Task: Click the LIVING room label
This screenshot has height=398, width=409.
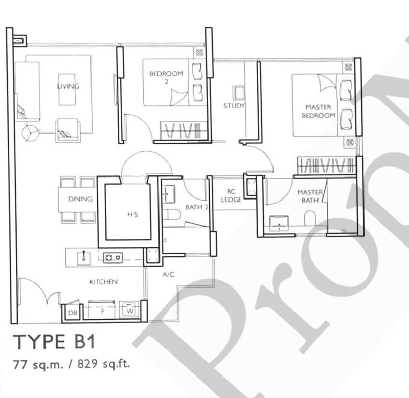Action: pyautogui.click(x=68, y=86)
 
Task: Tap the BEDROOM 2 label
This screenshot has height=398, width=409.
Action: pyautogui.click(x=159, y=77)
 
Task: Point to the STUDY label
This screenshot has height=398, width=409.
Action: pyautogui.click(x=234, y=106)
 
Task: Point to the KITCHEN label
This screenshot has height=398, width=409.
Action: pyautogui.click(x=104, y=282)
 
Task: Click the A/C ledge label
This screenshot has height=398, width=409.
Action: pyautogui.click(x=168, y=275)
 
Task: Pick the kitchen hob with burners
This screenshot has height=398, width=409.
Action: pyautogui.click(x=112, y=258)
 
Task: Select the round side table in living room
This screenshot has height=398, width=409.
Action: pyautogui.click(x=30, y=132)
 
